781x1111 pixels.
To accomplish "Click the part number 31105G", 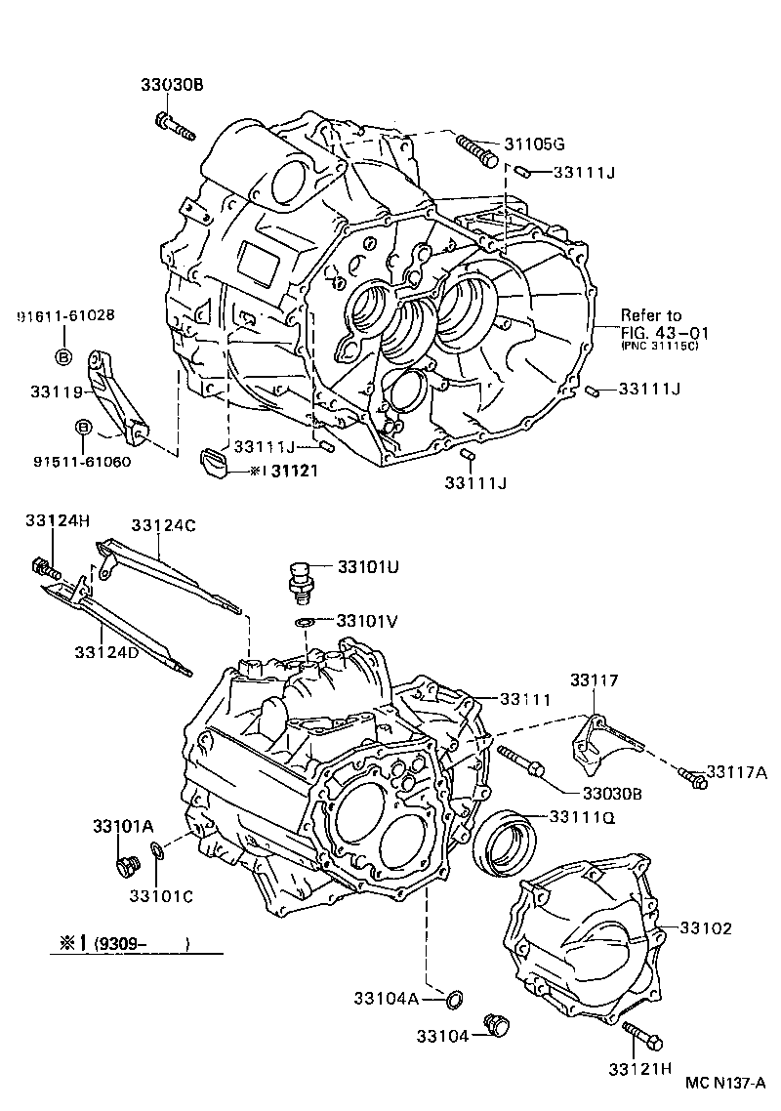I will (534, 144).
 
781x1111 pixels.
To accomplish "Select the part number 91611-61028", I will (65, 315).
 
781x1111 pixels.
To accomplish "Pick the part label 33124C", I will (164, 525).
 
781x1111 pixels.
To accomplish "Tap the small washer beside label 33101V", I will (304, 622).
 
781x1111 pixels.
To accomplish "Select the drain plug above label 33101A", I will (127, 865).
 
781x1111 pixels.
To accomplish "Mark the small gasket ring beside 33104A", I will (455, 998).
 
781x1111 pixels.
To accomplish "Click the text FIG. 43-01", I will (666, 332).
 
